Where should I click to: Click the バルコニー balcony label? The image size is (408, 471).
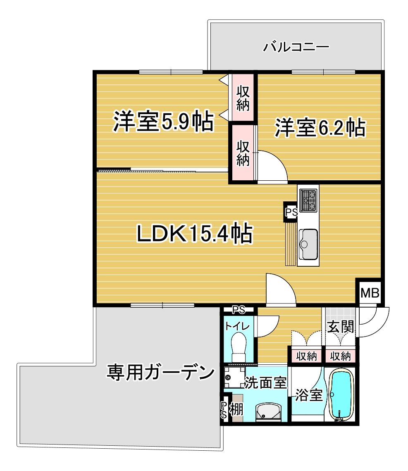[296, 47]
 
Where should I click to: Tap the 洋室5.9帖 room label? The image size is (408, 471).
[163, 121]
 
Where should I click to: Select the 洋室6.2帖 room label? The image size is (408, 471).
[320, 128]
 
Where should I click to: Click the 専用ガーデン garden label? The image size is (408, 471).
[161, 372]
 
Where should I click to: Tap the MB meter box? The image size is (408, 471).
[370, 293]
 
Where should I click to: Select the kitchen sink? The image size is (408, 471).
[308, 244]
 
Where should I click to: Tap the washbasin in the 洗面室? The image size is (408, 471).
[268, 411]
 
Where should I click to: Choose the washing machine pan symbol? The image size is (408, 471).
[234, 377]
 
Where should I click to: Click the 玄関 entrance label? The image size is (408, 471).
[341, 326]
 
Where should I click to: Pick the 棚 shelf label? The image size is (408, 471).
[236, 409]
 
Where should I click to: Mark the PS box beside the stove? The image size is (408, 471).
[291, 212]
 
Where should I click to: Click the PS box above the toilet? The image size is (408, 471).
[239, 309]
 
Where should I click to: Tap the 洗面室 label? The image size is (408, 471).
[265, 383]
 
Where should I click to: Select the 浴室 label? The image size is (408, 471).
[309, 395]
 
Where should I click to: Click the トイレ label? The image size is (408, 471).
[237, 326]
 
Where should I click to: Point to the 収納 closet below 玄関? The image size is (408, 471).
[341, 356]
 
